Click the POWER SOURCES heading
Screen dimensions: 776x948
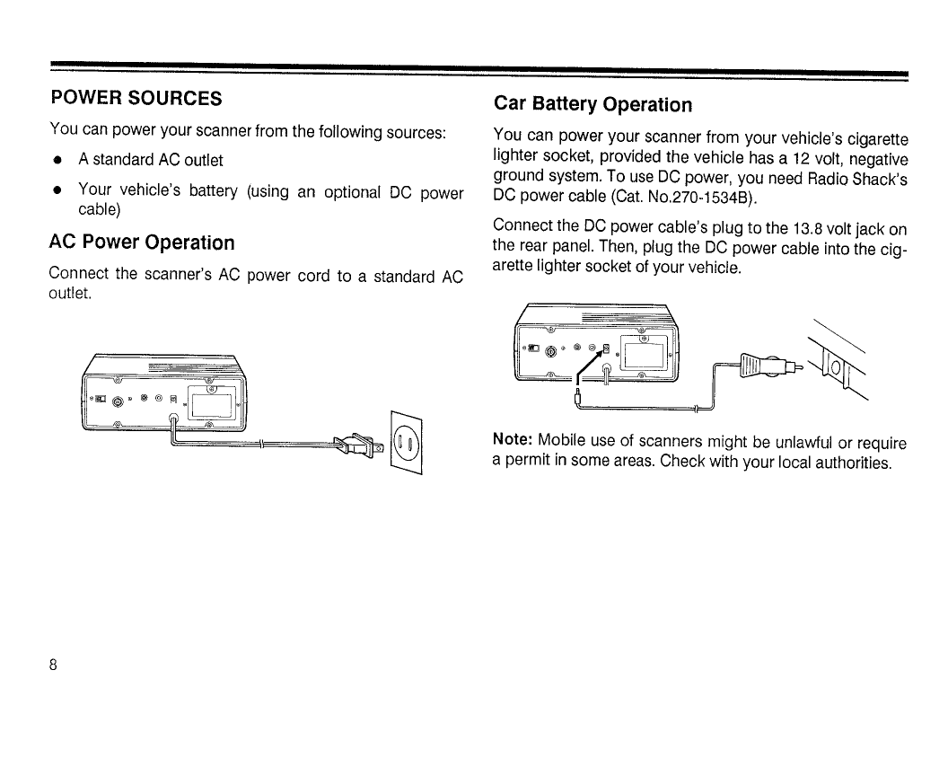(136, 97)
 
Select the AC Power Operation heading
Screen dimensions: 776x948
(142, 242)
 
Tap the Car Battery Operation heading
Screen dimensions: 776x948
(593, 105)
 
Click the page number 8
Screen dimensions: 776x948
(54, 666)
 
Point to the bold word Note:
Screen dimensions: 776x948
(513, 442)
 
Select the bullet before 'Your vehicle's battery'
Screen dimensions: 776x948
(57, 191)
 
